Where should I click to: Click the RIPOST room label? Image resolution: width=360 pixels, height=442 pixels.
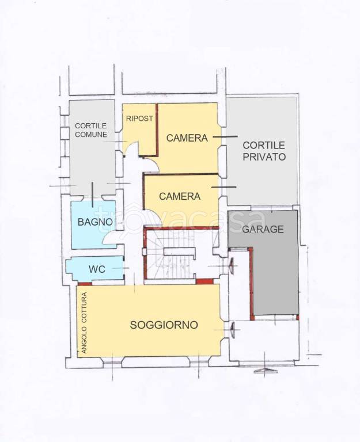coord(139,119)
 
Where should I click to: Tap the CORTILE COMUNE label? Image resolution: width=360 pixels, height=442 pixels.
coord(91,130)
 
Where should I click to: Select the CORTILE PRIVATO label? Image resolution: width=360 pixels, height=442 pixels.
coord(264,151)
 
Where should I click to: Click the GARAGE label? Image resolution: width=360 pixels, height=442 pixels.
coord(263,229)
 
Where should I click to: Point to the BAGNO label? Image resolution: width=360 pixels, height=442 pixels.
coord(95,222)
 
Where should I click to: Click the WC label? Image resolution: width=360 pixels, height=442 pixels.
coord(97,269)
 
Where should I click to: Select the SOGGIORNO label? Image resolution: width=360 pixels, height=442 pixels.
coord(164,325)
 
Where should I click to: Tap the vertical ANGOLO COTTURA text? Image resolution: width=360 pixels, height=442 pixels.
coord(84,323)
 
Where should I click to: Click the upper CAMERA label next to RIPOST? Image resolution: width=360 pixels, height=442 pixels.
coord(187,138)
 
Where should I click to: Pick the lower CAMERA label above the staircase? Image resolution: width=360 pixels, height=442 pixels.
coord(180,196)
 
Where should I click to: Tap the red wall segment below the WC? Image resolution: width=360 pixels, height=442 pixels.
coord(85,284)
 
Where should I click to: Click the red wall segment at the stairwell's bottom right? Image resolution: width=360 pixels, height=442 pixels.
coord(205,281)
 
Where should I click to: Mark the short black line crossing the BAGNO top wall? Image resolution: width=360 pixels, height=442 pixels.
coord(93,195)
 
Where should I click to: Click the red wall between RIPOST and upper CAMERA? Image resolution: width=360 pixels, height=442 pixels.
coord(157,129)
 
